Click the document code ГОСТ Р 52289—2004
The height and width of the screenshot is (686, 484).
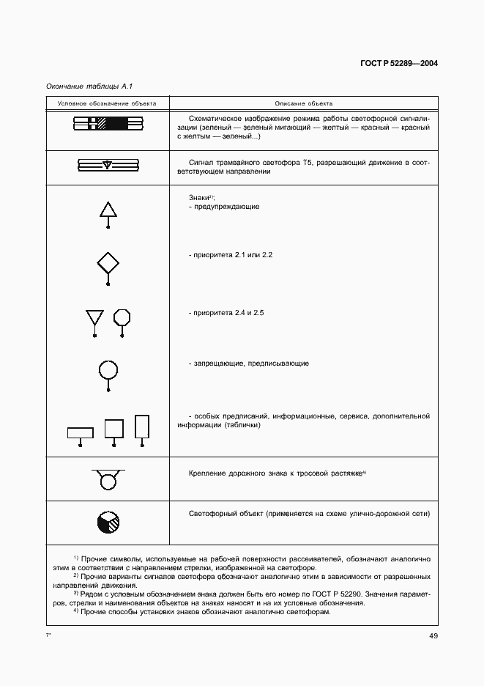pos(399,64)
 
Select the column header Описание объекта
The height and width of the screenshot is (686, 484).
pos(304,103)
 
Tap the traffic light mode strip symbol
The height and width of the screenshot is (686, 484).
pos(108,125)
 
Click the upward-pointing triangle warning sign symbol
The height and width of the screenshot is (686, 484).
pos(108,211)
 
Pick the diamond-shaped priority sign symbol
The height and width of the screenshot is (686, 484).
pos(108,262)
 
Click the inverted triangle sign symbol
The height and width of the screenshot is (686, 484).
pos(94,317)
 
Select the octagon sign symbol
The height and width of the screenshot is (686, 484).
pos(122,317)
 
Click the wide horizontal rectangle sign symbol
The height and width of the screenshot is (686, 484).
pos(81,432)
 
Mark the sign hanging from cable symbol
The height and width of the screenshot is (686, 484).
pos(108,480)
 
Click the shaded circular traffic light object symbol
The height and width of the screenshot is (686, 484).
pos(108,522)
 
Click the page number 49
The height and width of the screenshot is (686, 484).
pos(433,635)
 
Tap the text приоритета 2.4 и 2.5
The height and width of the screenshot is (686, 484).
pos(226,313)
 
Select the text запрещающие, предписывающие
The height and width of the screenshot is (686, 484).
pos(249,363)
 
